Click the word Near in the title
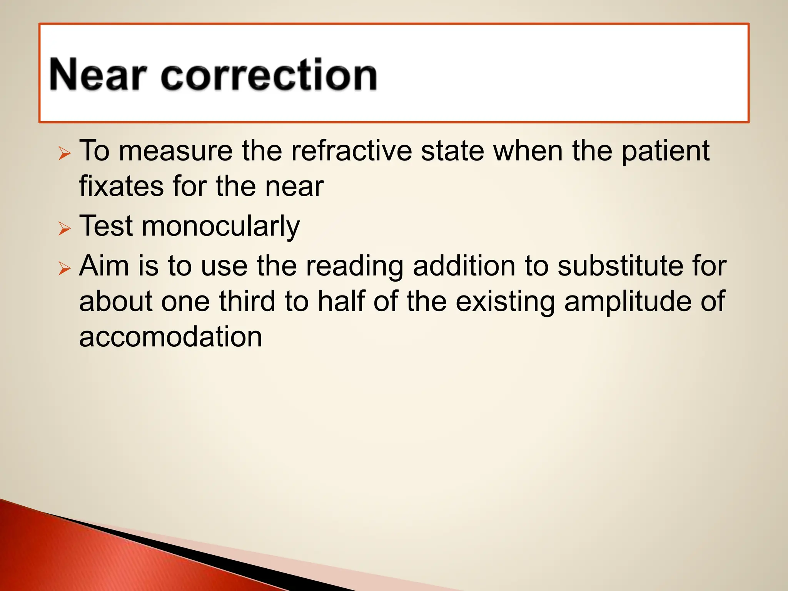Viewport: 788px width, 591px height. pyautogui.click(x=98, y=75)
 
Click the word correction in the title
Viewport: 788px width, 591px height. pyautogui.click(x=269, y=75)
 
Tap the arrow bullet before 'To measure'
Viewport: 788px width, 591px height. pyautogui.click(x=65, y=154)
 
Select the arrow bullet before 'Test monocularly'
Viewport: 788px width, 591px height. pyautogui.click(x=65, y=229)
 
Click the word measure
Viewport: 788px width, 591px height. pyautogui.click(x=175, y=151)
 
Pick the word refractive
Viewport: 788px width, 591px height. pyautogui.click(x=351, y=151)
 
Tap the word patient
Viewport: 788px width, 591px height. pyautogui.click(x=665, y=151)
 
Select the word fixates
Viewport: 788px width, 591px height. pyautogui.click(x=121, y=186)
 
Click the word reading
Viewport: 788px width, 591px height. pyautogui.click(x=354, y=266)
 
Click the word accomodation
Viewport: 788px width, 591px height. pyautogui.click(x=170, y=337)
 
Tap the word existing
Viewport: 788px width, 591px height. pyautogui.click(x=505, y=302)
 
